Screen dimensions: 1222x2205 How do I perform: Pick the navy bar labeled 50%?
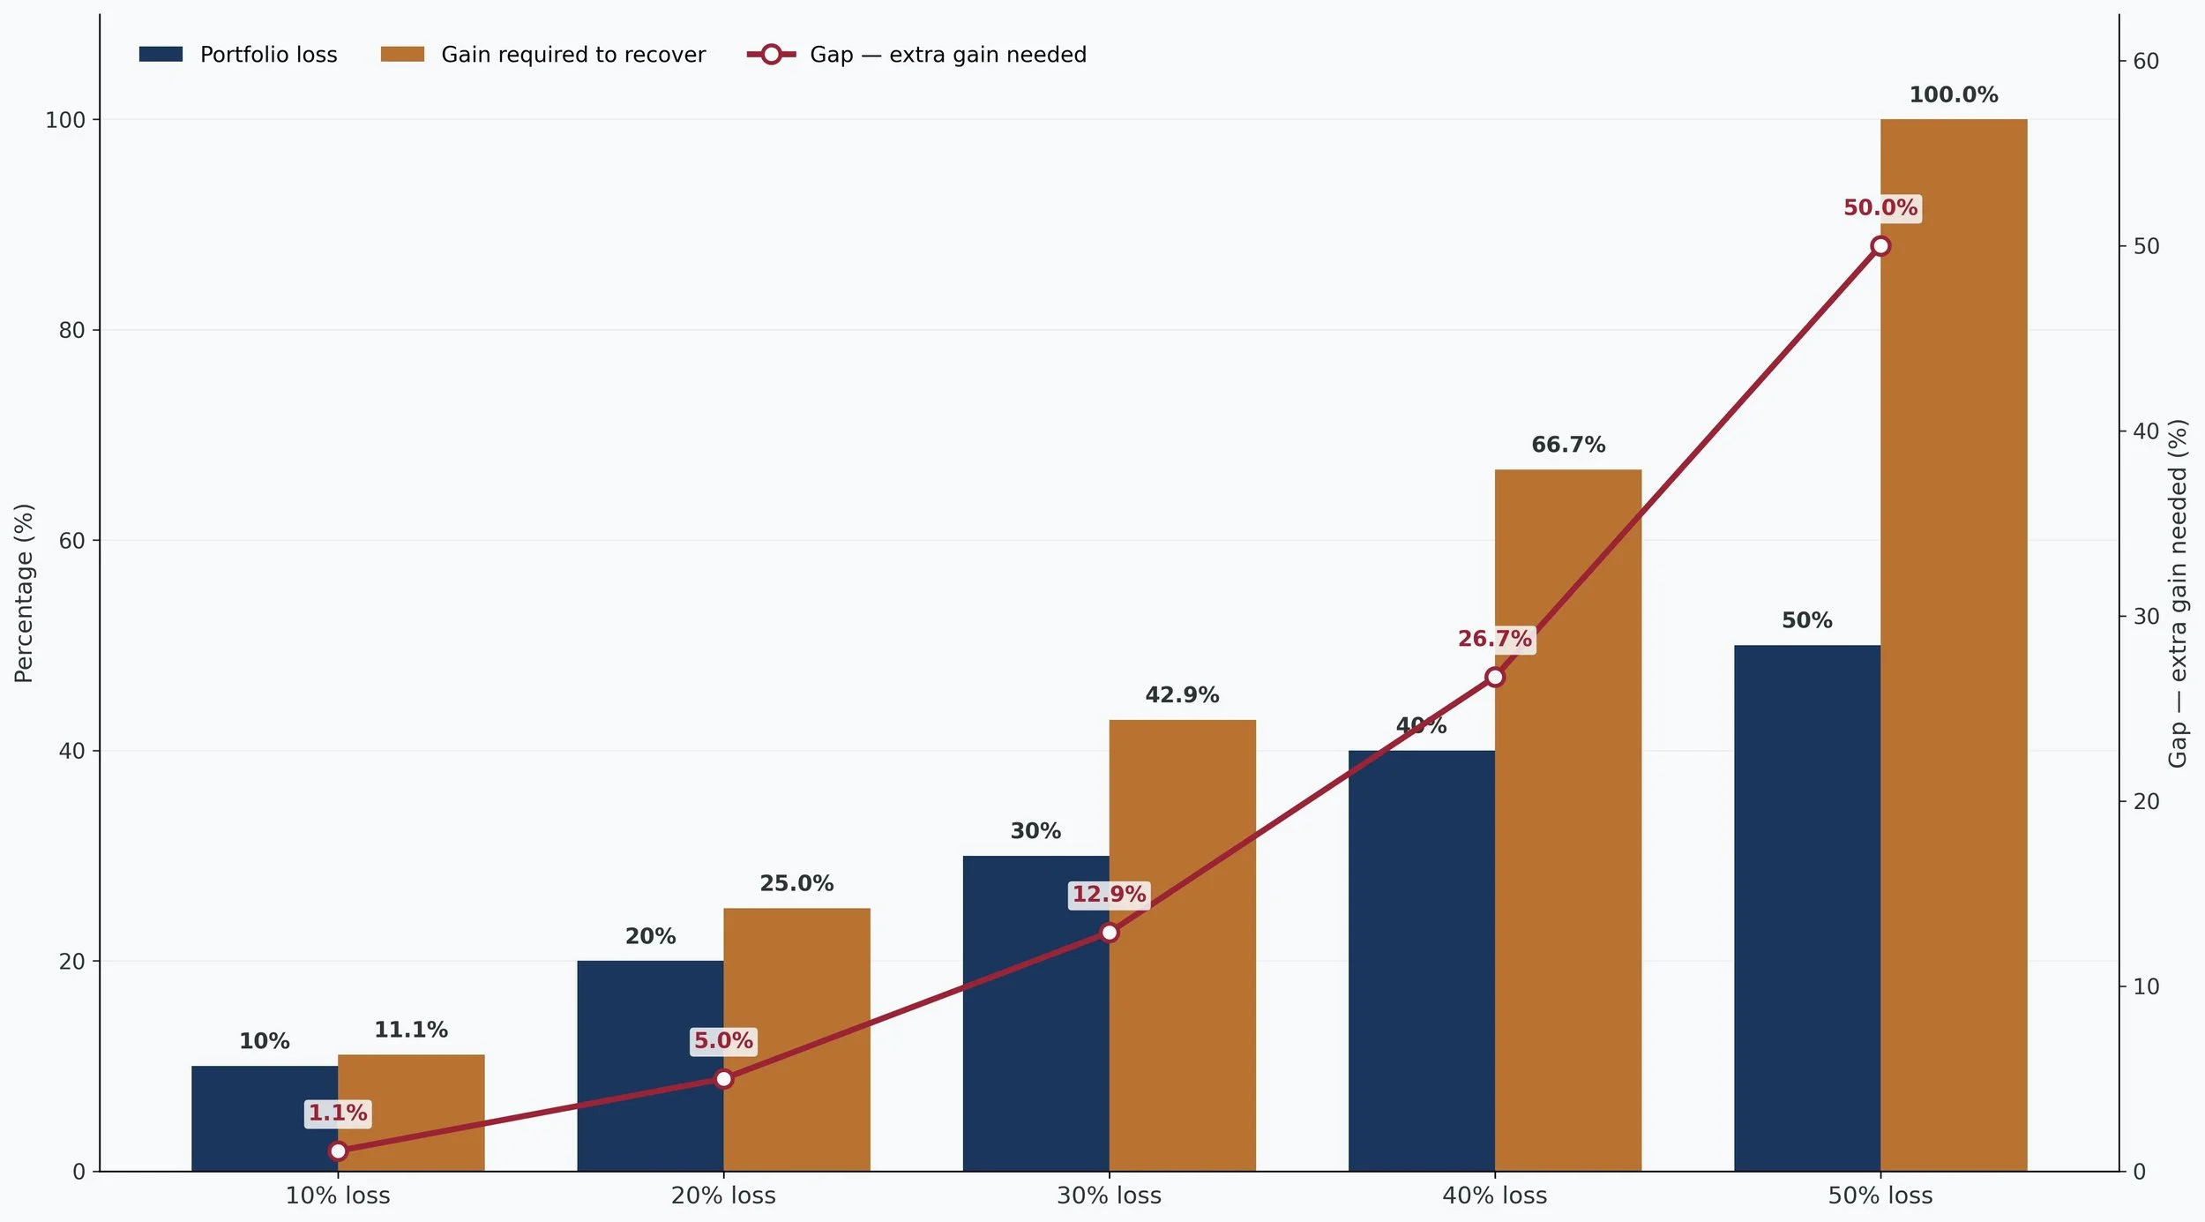click(1806, 908)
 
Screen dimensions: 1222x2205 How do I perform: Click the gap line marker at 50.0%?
click(1880, 246)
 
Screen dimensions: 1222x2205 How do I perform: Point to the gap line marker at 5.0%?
click(723, 1079)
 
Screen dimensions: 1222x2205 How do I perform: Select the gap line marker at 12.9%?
click(1109, 933)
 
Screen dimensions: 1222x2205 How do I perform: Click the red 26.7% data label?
click(1494, 639)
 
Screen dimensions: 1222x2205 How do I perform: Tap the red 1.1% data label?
click(338, 1113)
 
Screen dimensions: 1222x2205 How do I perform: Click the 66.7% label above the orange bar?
click(1567, 445)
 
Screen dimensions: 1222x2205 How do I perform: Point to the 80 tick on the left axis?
click(71, 331)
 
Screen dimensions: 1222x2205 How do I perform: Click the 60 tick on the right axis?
click(2145, 62)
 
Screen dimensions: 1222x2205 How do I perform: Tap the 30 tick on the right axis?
click(2145, 617)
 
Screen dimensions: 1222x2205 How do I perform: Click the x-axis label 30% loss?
click(1109, 1196)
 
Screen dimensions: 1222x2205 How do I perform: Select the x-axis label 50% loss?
click(1880, 1196)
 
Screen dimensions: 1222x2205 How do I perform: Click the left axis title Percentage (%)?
click(24, 593)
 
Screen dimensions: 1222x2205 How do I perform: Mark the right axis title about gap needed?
click(2178, 593)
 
